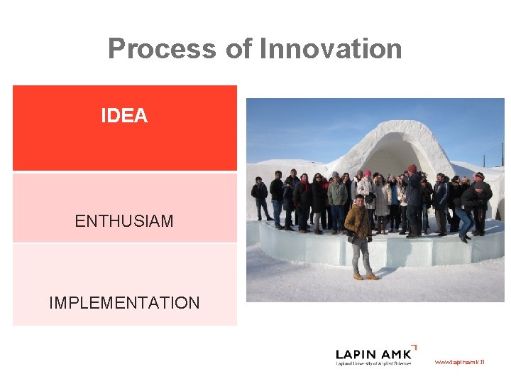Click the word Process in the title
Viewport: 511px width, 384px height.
[x=162, y=49]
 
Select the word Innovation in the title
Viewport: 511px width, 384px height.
[x=331, y=49]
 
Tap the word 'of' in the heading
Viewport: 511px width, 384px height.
[x=238, y=49]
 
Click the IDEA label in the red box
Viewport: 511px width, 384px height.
[x=124, y=116]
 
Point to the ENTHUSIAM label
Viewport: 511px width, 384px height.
[x=124, y=221]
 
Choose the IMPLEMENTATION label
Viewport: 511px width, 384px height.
[x=124, y=303]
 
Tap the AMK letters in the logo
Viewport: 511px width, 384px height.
[x=395, y=354]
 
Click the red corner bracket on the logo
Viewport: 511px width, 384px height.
[x=414, y=347]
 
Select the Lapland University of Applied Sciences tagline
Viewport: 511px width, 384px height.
[x=373, y=364]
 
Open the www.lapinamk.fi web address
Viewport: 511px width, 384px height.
[x=459, y=362]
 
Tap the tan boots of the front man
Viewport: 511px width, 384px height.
[x=364, y=276]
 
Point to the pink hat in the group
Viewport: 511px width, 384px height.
[x=367, y=174]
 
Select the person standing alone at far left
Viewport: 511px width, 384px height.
[x=260, y=197]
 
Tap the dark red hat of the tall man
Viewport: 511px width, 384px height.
[x=412, y=169]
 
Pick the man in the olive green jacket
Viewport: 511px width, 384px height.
[x=337, y=196]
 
